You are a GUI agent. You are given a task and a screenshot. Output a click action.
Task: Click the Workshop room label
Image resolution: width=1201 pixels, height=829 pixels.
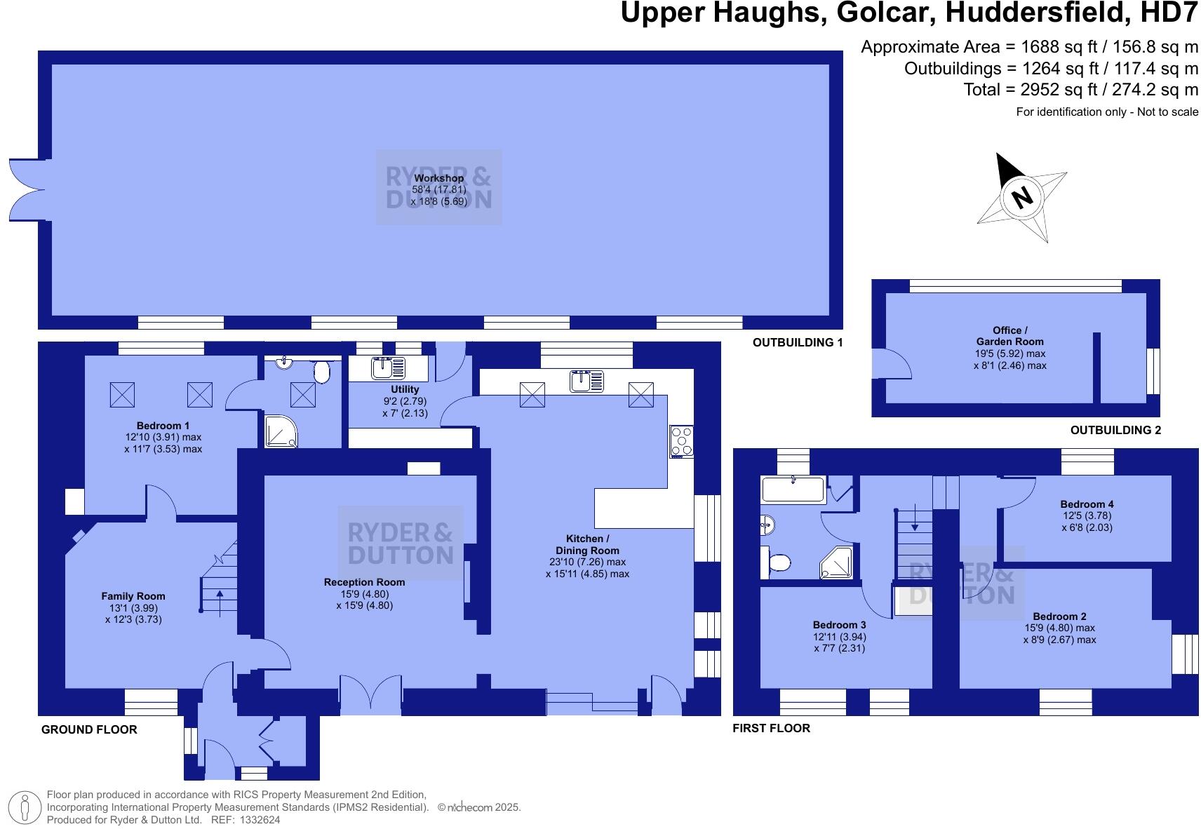[x=438, y=178]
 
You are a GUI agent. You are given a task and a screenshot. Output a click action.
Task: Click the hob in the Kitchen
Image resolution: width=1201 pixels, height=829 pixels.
[x=681, y=441]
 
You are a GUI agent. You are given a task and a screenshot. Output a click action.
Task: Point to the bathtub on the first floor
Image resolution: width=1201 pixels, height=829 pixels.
[x=793, y=489]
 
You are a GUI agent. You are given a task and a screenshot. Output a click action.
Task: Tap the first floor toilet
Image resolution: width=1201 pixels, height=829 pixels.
[x=777, y=562]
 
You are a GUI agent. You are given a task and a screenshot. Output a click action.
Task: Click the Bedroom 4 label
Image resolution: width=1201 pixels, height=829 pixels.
[x=1087, y=504]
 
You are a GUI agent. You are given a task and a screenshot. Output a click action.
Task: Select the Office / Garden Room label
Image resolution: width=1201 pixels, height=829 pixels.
[x=1009, y=336]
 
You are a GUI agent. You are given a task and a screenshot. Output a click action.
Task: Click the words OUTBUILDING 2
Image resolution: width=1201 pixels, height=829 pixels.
[x=1115, y=430]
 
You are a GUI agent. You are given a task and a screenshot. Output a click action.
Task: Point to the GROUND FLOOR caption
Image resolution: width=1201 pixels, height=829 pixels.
[x=89, y=729]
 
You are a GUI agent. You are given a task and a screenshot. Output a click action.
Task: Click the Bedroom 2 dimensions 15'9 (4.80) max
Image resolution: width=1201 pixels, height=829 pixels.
[x=1059, y=628]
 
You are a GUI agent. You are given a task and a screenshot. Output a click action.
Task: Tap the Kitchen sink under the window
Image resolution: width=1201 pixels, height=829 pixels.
[x=586, y=381]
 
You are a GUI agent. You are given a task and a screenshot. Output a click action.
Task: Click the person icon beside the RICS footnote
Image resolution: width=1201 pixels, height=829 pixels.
[x=25, y=808]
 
